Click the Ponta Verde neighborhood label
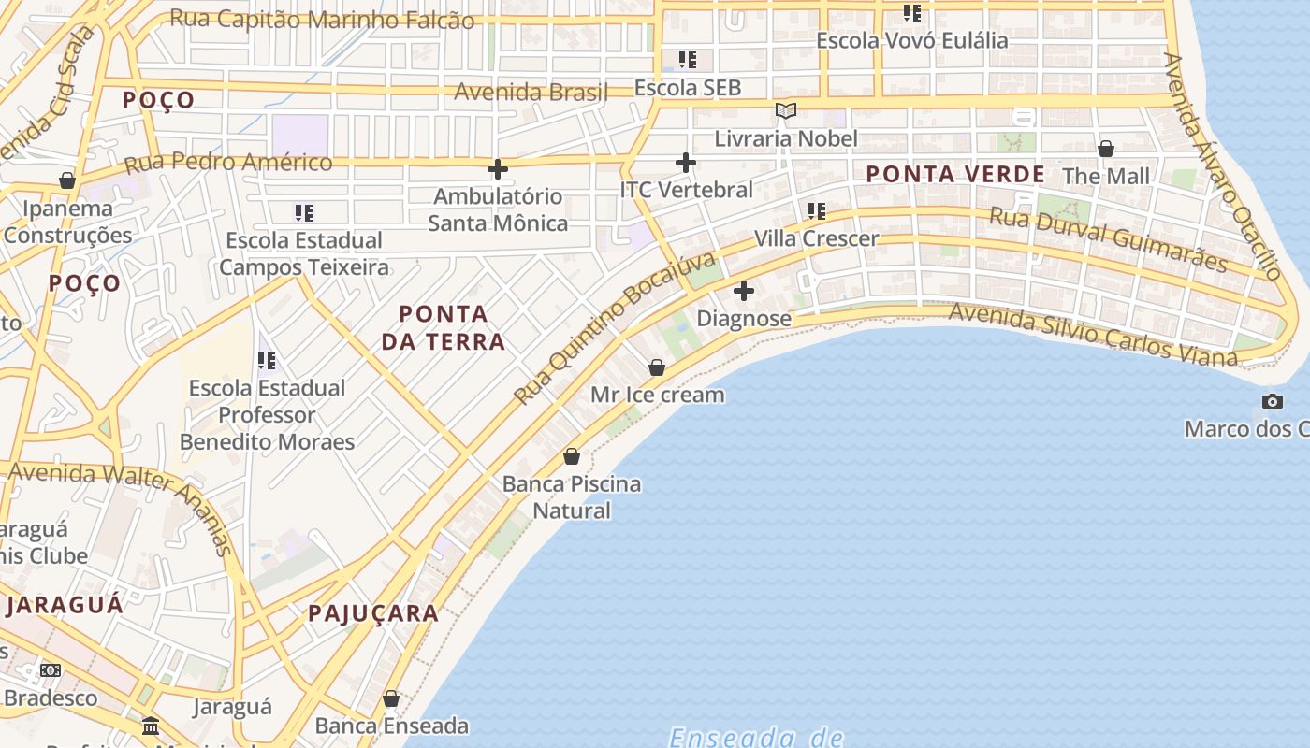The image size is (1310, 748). click(954, 174)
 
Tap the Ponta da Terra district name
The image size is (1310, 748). click(443, 327)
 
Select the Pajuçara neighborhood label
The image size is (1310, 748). click(373, 613)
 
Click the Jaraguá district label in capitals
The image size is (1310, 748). click(64, 605)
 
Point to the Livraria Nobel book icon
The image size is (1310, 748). click(786, 111)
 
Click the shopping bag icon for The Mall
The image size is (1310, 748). click(1106, 149)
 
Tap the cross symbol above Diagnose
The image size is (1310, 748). click(744, 291)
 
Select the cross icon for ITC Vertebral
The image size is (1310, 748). click(686, 163)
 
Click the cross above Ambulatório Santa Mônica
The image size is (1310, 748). click(498, 169)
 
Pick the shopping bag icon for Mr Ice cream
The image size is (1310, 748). click(657, 367)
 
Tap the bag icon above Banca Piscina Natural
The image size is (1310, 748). click(572, 456)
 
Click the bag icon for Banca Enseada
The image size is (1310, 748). click(391, 698)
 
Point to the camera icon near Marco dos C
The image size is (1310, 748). click(1273, 402)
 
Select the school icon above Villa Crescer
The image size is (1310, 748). click(817, 211)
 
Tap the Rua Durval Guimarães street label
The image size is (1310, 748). click(1108, 239)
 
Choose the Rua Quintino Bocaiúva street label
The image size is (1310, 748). click(614, 327)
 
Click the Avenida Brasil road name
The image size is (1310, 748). click(531, 92)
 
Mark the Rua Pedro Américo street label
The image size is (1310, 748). click(228, 162)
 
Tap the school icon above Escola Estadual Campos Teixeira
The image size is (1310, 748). click(304, 213)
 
